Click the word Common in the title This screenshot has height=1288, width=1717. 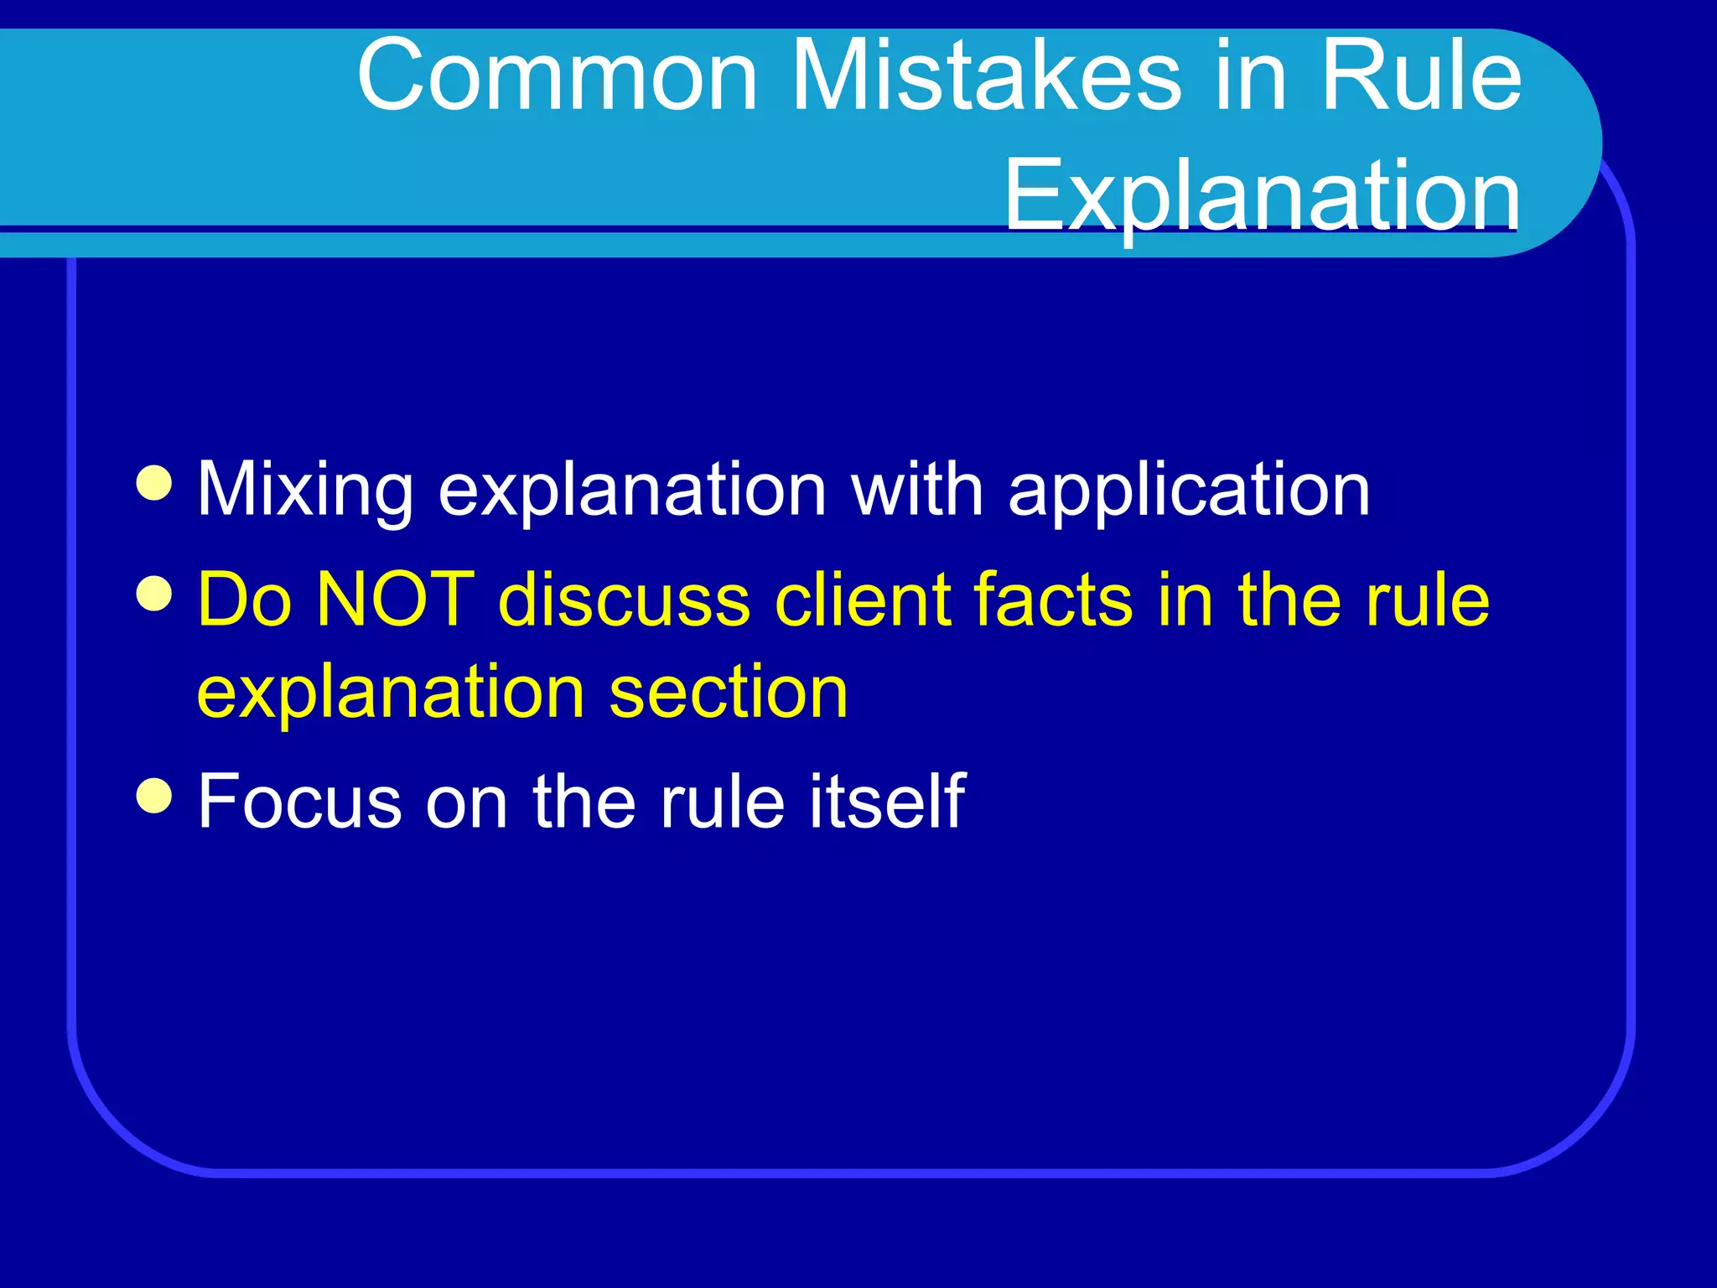pos(558,77)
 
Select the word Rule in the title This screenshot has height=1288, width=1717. pos(1421,77)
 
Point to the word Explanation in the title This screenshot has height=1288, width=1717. pos(1262,196)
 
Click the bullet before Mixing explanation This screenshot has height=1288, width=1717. pos(154,484)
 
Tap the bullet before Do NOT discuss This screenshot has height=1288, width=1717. pos(154,595)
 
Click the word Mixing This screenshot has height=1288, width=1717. pos(305,491)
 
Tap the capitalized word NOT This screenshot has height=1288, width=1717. pos(396,600)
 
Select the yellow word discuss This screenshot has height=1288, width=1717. pos(624,600)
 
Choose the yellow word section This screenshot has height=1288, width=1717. pos(729,693)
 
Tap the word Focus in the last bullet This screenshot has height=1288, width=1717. pos(299,802)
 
